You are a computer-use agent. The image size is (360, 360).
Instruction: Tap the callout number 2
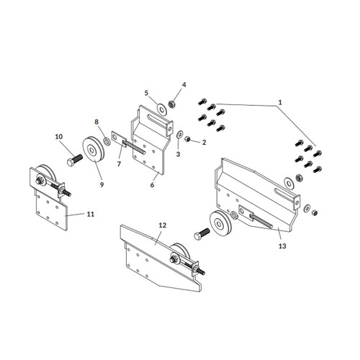(x=204, y=142)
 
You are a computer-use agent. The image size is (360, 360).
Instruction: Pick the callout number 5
(x=146, y=93)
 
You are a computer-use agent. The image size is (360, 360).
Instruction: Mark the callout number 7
(x=120, y=164)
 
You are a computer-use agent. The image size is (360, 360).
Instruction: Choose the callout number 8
(x=97, y=122)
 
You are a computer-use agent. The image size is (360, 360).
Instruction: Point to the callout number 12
(x=163, y=225)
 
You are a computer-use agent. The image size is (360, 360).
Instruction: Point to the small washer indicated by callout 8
(x=107, y=140)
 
